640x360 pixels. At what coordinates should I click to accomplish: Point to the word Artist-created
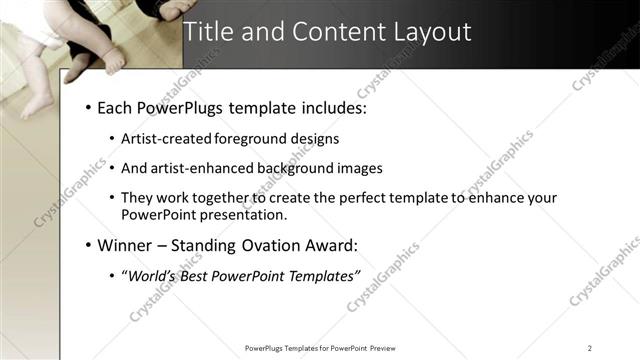[x=170, y=139]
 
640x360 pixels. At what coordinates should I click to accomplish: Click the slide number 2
[x=590, y=348]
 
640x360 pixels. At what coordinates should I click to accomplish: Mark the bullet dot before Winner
[x=89, y=245]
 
